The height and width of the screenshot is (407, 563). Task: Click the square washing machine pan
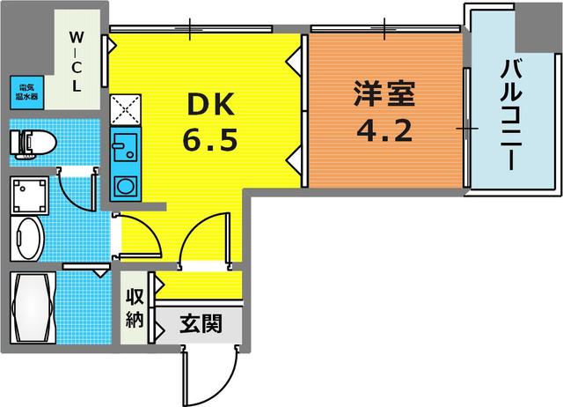[x=30, y=195]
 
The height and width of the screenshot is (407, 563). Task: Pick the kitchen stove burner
[x=123, y=186]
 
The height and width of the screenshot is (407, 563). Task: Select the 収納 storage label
[x=135, y=308]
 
